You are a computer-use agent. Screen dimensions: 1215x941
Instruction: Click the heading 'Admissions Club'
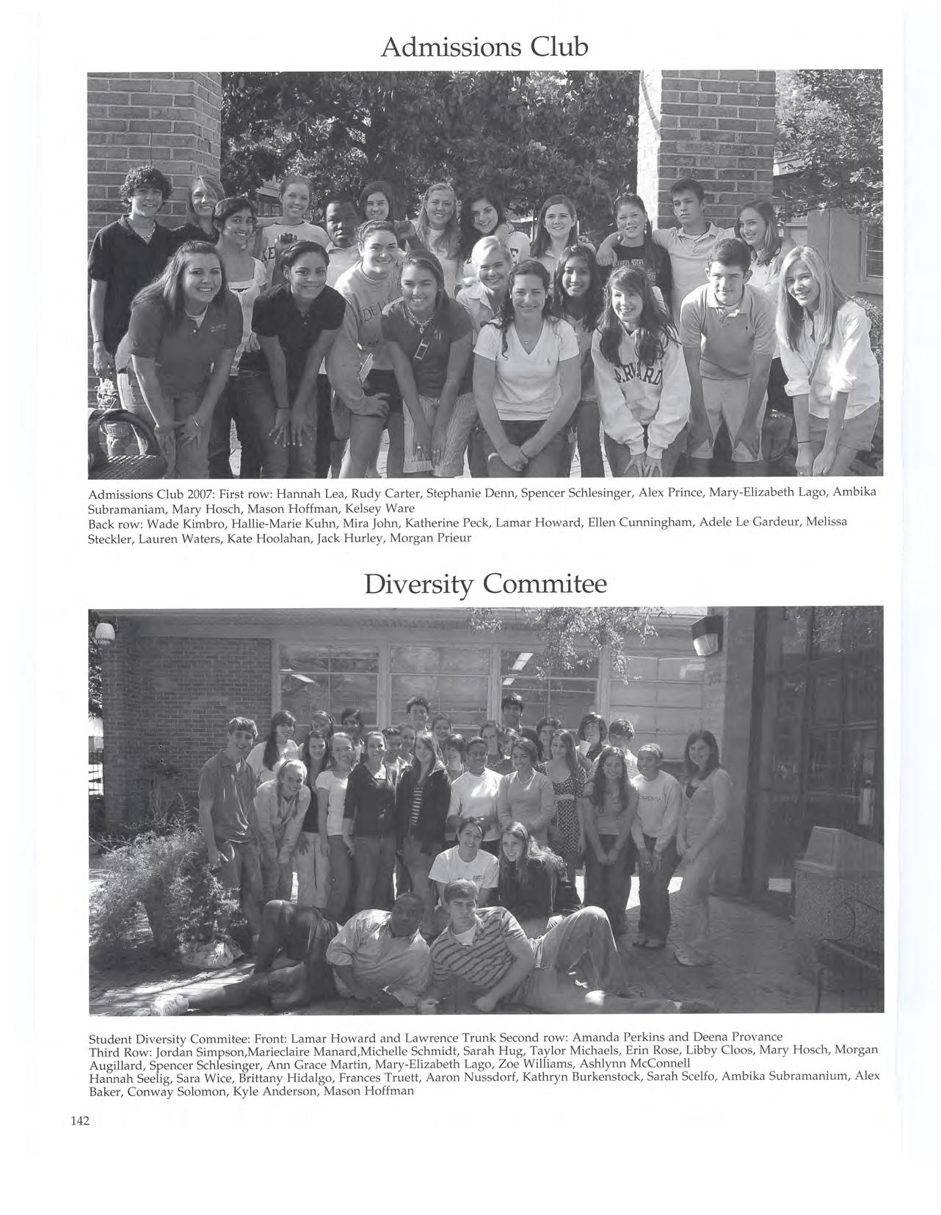[484, 47]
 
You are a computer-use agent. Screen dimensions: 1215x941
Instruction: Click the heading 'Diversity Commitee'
[484, 584]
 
